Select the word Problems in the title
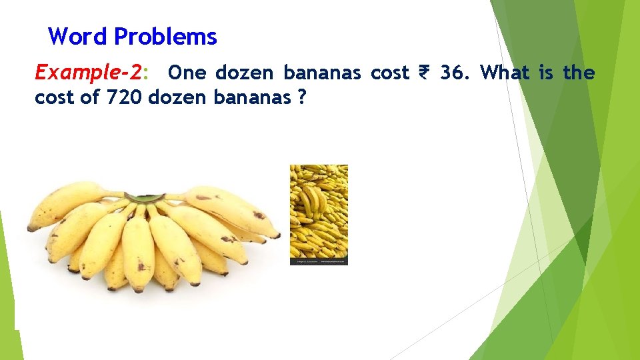point(165,37)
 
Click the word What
point(505,72)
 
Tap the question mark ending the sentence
point(302,97)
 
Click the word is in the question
point(546,72)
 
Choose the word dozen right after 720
point(177,97)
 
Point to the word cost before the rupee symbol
point(389,72)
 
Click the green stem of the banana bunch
point(145,198)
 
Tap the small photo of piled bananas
point(319,210)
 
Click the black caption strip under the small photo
point(319,262)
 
